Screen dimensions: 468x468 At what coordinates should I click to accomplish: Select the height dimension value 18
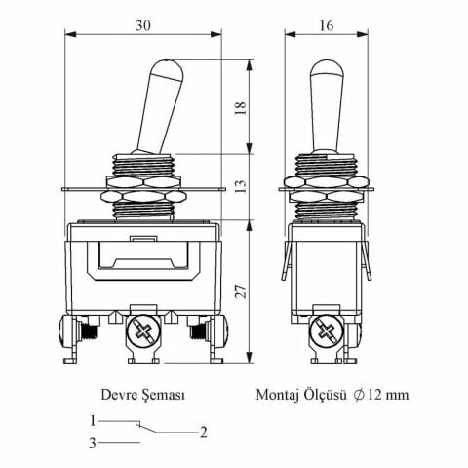242,108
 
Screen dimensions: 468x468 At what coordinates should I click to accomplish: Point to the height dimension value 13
242,186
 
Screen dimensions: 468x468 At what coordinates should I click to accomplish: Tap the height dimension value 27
242,290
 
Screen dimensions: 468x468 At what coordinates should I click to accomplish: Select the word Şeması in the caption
164,397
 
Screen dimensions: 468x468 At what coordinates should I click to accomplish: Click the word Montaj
278,397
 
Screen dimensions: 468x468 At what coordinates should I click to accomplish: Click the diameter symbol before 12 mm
361,397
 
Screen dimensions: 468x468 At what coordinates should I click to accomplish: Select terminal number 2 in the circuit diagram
203,432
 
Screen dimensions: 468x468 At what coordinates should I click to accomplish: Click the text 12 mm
389,397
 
